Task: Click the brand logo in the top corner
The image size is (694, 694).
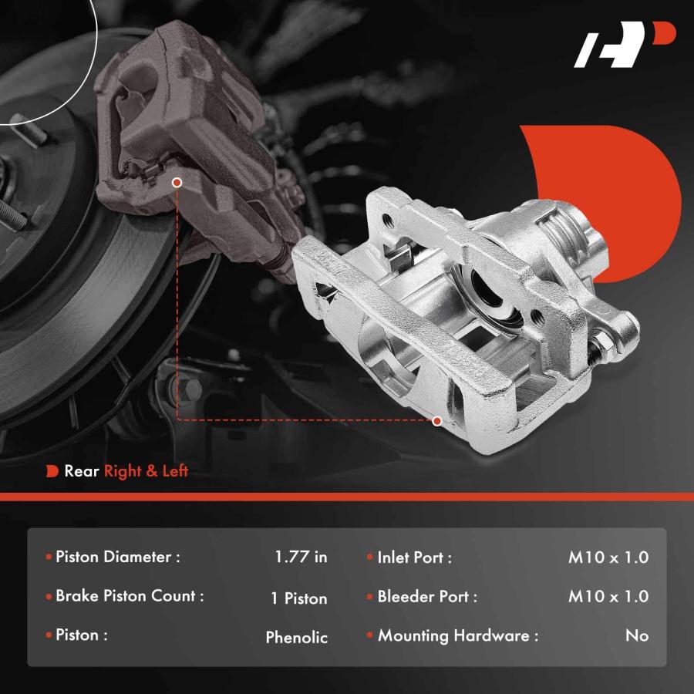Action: pos(624,45)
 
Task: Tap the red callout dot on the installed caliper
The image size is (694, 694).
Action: pos(177,182)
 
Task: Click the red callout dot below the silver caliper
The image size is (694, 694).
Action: pos(437,421)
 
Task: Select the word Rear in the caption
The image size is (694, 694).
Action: pos(82,471)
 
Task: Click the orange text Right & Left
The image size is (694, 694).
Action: pos(146,471)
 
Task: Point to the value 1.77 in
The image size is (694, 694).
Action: pos(301,557)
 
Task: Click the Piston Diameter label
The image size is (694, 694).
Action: pos(118,557)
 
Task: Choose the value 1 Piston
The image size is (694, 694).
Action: pos(299,598)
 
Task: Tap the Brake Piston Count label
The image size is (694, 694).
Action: pos(130,596)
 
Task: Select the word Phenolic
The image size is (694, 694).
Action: pos(297,638)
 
